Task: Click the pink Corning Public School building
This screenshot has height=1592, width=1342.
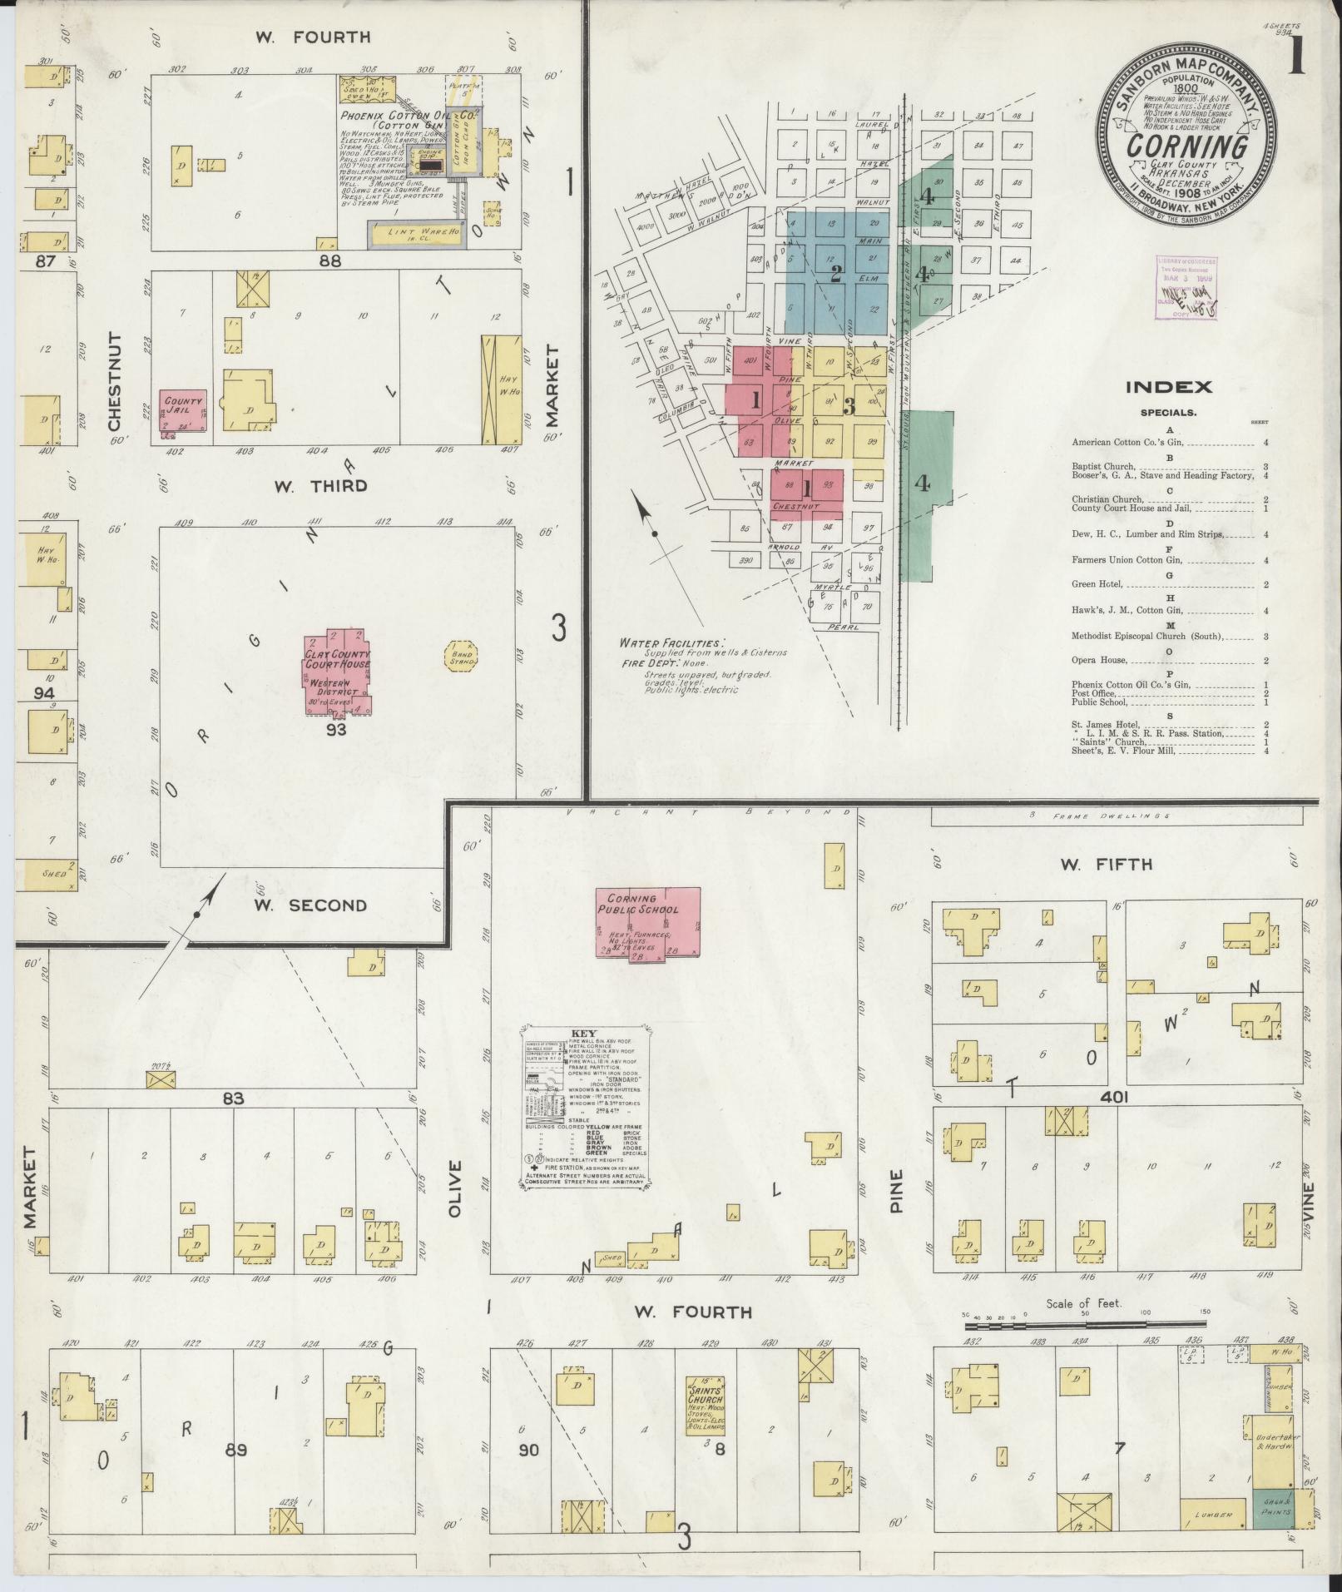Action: click(x=648, y=921)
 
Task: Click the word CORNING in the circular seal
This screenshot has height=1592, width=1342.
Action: click(x=1187, y=146)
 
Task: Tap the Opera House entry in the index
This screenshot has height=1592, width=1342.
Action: click(x=1100, y=660)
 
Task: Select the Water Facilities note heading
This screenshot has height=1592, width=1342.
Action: click(x=671, y=643)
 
